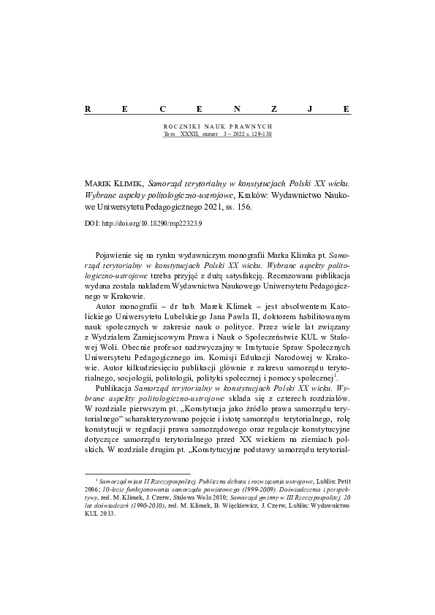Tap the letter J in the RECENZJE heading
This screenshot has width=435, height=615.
coord(311,108)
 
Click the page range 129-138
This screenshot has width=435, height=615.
coord(260,133)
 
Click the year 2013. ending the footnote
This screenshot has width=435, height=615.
coord(107,512)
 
